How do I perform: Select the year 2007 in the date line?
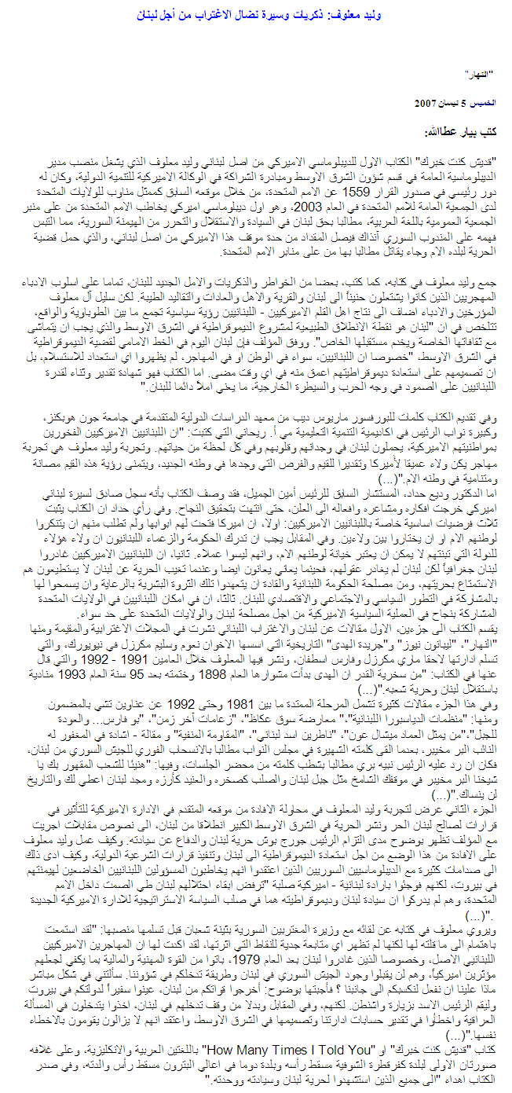click(x=427, y=103)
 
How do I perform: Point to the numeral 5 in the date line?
click(x=463, y=103)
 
